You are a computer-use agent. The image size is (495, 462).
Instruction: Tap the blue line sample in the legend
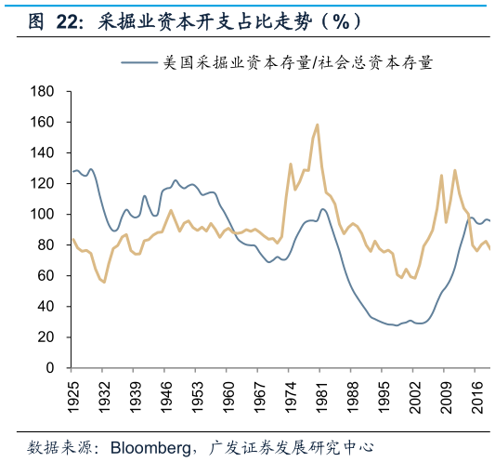click(139, 63)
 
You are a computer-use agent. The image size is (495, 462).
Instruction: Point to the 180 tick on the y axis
click(43, 91)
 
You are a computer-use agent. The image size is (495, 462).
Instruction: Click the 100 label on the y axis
click(43, 214)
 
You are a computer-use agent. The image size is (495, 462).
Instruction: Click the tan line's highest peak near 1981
click(318, 125)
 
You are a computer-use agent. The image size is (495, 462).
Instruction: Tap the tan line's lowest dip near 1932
click(104, 282)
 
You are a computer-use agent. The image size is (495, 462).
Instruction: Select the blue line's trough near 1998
click(397, 324)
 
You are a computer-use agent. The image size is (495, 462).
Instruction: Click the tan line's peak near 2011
click(454, 170)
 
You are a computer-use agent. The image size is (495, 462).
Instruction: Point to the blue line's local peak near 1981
click(321, 209)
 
